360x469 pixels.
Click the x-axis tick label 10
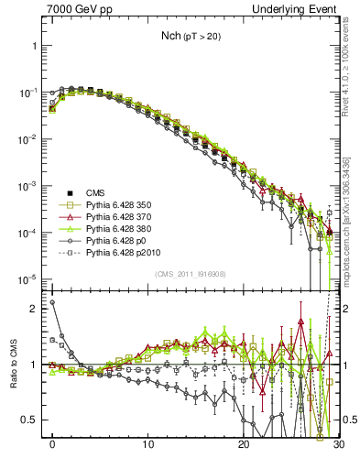point(147,450)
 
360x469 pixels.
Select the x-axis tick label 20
point(243,450)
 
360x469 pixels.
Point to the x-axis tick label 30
point(338,450)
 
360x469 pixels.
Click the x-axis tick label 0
point(52,450)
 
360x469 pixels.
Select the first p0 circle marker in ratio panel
point(52,302)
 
